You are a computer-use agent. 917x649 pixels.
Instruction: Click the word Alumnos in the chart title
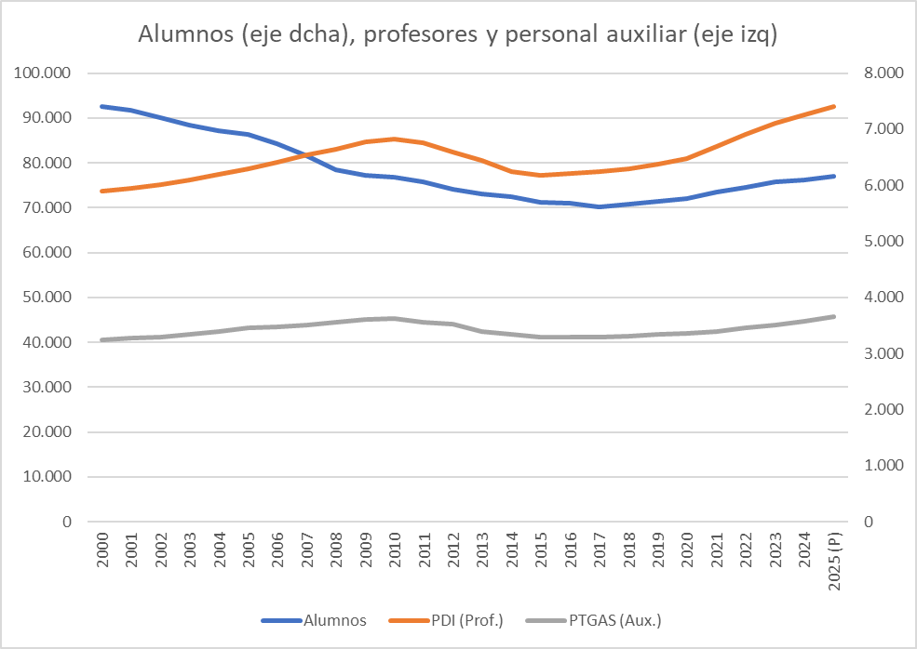(x=183, y=35)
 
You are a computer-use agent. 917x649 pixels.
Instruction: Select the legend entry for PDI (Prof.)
(x=468, y=620)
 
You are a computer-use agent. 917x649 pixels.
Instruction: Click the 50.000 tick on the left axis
(x=47, y=298)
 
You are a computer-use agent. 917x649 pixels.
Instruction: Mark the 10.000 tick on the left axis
(x=47, y=477)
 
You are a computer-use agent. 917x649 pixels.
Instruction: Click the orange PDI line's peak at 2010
(x=395, y=139)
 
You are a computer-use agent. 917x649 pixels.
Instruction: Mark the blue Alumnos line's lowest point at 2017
(x=600, y=206)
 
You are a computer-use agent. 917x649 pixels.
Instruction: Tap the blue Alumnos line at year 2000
(x=101, y=106)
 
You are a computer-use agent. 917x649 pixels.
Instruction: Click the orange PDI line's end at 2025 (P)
(x=833, y=106)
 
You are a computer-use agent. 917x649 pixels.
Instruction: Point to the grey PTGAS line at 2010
(x=395, y=318)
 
